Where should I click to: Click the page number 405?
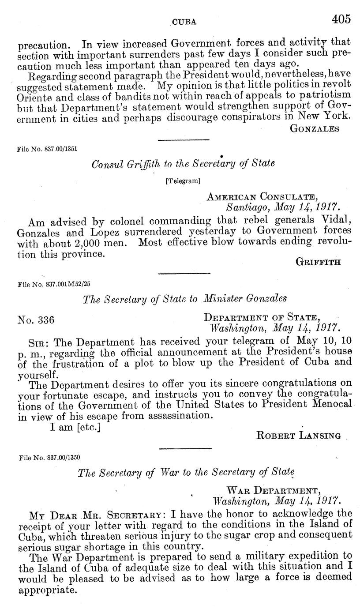341,19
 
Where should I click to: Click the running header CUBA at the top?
184,21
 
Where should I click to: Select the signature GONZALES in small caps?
315,128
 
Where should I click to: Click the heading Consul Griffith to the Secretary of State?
183,164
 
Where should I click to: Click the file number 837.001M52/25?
54,284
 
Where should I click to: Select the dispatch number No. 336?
36,320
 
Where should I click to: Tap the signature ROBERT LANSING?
298,436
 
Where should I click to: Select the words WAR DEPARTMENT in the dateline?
272,490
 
